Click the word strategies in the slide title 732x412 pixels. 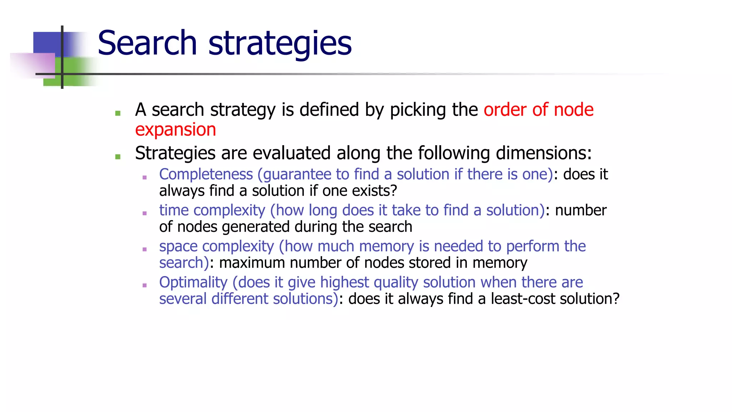click(x=280, y=44)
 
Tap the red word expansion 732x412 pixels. click(x=175, y=129)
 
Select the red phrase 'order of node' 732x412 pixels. click(x=538, y=109)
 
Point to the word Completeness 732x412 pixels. click(x=206, y=175)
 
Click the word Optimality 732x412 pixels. click(x=193, y=283)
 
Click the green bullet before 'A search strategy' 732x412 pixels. click(x=118, y=113)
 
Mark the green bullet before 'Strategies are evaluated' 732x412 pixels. click(x=118, y=157)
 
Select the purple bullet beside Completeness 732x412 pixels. click(x=144, y=177)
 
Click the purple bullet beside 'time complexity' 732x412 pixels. click(x=144, y=213)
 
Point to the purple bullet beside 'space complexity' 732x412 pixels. click(x=144, y=249)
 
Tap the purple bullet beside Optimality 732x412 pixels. click(x=144, y=285)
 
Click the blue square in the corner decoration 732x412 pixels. click(x=47, y=42)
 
